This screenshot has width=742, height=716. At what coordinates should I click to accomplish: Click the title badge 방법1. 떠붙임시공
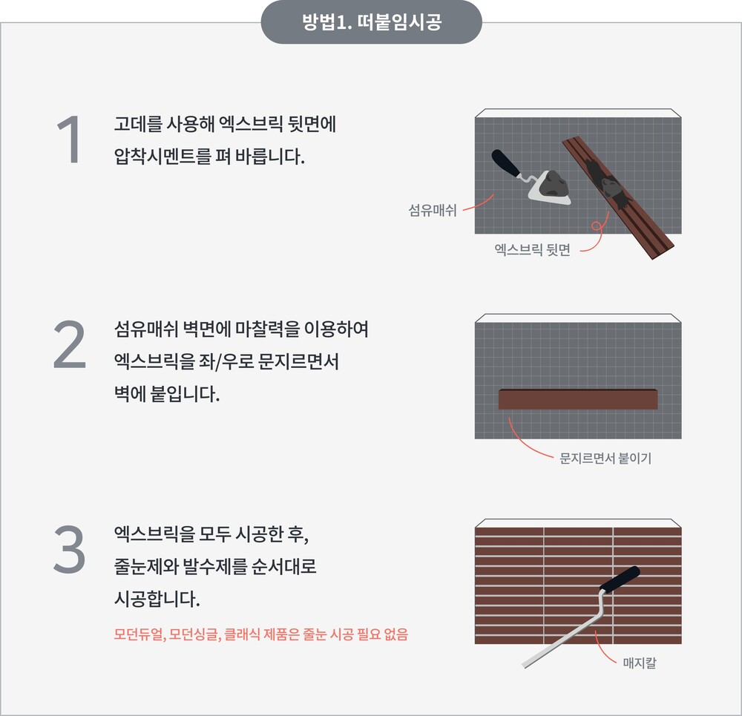coord(372,22)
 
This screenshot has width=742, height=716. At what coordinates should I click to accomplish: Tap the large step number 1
coord(70,139)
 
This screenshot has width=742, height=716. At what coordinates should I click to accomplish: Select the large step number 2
coord(70,344)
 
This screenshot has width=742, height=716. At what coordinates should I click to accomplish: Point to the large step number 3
coord(70,549)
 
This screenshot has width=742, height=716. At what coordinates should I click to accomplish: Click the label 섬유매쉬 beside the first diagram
coord(433,210)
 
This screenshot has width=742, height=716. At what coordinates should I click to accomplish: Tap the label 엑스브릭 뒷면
coord(532,249)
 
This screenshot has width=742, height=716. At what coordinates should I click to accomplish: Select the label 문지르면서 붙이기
coord(605,458)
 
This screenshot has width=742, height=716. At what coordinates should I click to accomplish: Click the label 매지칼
coord(640,663)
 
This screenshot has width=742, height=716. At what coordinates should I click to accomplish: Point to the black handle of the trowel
coord(505,162)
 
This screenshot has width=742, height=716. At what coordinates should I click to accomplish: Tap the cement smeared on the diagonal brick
coord(608,183)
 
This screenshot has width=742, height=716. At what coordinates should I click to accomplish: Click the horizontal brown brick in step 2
coord(578,399)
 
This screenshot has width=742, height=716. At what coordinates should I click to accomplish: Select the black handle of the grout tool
coord(620,579)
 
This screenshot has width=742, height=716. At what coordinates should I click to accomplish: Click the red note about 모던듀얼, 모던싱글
coord(260,634)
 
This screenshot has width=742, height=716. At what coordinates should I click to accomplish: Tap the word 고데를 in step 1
coord(138,124)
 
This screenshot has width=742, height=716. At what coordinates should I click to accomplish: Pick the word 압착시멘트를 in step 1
coord(162,156)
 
